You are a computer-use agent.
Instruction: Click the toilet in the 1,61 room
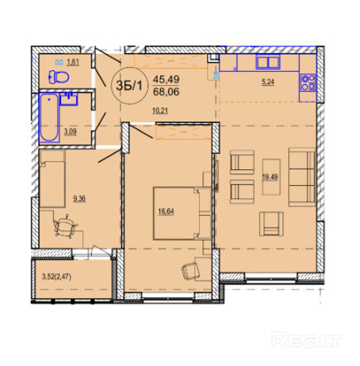click(x=59, y=77)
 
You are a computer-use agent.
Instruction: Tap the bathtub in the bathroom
click(x=50, y=117)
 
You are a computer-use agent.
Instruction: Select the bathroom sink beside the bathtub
click(x=69, y=99)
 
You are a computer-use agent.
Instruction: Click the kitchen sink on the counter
click(x=268, y=62)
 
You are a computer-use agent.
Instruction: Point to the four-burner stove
click(x=308, y=83)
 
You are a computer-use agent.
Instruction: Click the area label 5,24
click(x=268, y=82)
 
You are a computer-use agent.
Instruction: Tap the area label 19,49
click(x=270, y=177)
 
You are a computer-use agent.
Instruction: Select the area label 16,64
click(x=166, y=212)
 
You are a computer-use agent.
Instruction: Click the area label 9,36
click(x=79, y=198)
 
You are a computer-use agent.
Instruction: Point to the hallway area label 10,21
click(x=160, y=111)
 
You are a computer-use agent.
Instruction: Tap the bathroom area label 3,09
click(x=70, y=131)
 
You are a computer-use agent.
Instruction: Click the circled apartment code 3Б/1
click(x=129, y=86)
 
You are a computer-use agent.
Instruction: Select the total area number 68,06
click(x=166, y=92)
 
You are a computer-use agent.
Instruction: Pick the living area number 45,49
click(x=166, y=79)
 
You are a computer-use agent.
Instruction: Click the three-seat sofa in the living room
click(x=302, y=177)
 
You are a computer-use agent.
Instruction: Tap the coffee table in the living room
click(x=272, y=177)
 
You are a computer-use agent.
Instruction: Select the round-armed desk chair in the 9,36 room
click(x=65, y=226)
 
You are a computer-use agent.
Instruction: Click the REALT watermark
click(x=306, y=340)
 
